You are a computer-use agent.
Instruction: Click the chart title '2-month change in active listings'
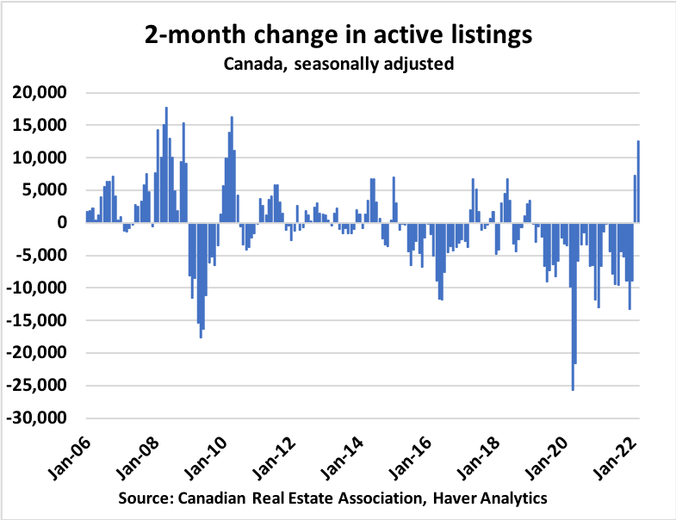point(338,36)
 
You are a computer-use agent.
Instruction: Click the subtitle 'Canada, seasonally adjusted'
point(338,64)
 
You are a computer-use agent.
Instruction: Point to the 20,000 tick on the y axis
point(43,93)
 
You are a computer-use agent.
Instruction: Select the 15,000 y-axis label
point(43,126)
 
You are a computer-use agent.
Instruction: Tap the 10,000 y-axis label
point(43,158)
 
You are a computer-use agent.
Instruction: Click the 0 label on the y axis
point(63,223)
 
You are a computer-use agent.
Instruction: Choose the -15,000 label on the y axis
point(40,321)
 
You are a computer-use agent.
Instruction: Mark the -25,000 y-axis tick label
point(40,386)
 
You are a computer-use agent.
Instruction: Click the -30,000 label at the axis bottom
point(40,418)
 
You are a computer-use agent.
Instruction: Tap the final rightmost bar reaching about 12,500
point(638,182)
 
